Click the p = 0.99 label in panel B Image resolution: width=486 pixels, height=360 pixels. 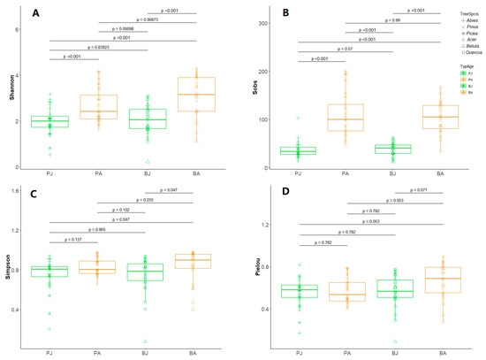(x=370, y=19)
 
